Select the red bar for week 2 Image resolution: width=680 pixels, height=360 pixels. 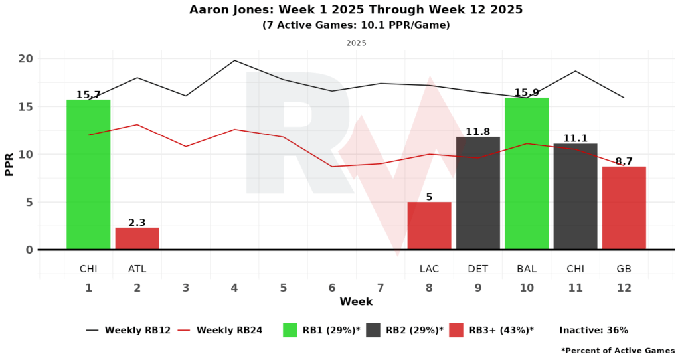tap(137, 238)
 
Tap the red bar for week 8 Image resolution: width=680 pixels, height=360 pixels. tap(429, 226)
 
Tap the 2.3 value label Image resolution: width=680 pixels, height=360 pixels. tap(137, 223)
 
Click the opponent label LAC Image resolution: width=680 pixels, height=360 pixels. tap(429, 269)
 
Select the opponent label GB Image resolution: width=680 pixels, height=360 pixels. tap(624, 269)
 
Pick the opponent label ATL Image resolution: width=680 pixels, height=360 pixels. tap(137, 269)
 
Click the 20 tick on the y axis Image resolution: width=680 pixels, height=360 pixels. tap(26, 58)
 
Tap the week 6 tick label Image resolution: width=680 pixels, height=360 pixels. tap(332, 288)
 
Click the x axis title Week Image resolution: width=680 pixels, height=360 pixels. tap(356, 302)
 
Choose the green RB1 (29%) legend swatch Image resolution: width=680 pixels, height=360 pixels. tap(290, 330)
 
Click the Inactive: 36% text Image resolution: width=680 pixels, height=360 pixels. tap(594, 330)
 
